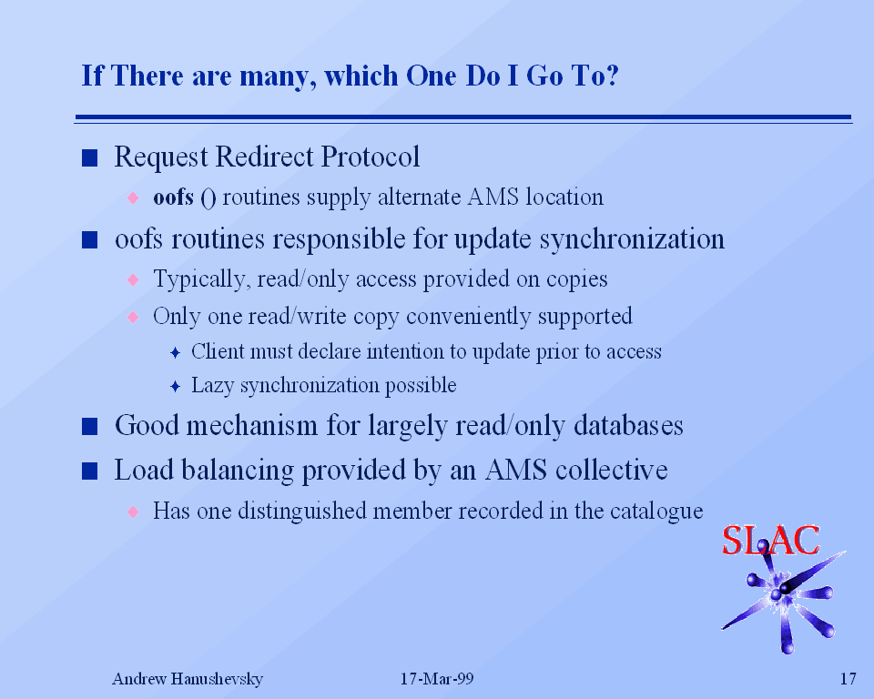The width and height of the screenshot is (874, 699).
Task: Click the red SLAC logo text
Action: click(770, 540)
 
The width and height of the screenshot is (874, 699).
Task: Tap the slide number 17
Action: click(848, 678)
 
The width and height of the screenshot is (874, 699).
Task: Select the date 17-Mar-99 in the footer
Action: click(437, 678)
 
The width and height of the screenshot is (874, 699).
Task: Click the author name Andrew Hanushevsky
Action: click(188, 679)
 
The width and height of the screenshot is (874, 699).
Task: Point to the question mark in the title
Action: click(612, 76)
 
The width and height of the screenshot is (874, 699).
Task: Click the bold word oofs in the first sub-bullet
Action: click(173, 197)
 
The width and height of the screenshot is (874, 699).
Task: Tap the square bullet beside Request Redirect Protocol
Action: click(90, 158)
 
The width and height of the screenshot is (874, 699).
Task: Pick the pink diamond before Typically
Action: click(133, 279)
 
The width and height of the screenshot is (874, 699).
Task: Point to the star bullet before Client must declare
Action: click(175, 352)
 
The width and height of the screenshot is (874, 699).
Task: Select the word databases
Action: click(628, 425)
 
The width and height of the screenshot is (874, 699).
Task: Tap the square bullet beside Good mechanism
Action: click(90, 427)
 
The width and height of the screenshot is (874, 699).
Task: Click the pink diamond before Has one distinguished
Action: click(133, 512)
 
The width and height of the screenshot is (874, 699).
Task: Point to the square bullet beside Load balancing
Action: click(90, 471)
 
